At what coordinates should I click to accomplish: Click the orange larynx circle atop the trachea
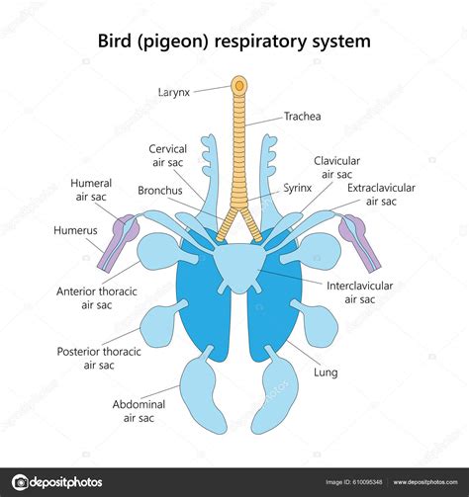click(x=239, y=86)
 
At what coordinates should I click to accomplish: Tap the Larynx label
click(x=174, y=92)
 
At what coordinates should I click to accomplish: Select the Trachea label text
click(x=303, y=117)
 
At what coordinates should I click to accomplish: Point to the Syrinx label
click(x=298, y=188)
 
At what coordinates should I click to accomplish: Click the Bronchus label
click(x=160, y=191)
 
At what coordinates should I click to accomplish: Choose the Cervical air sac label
click(x=167, y=155)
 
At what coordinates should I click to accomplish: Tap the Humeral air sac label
click(x=91, y=190)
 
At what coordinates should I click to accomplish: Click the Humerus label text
click(x=75, y=230)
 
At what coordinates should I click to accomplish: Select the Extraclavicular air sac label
click(x=381, y=195)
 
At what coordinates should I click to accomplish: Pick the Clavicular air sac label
click(x=336, y=168)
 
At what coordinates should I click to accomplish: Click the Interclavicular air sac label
click(x=360, y=292)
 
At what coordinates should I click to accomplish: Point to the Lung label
click(x=326, y=373)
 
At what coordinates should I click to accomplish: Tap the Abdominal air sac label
click(x=139, y=411)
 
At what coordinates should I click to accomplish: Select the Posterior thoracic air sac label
click(x=99, y=358)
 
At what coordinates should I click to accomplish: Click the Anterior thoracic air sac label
click(x=97, y=298)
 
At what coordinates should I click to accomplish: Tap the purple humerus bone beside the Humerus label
click(x=116, y=245)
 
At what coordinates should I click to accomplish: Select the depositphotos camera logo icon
click(x=20, y=482)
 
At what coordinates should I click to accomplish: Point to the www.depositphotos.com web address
click(x=425, y=482)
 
